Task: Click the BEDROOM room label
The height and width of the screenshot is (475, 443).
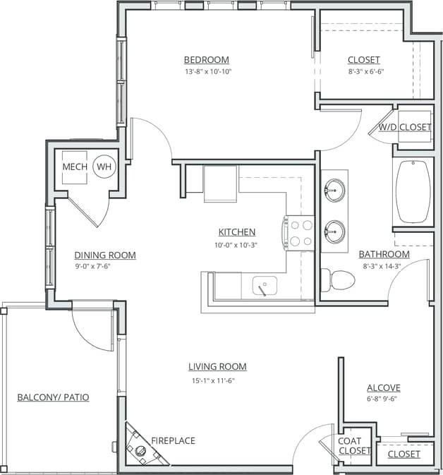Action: coord(206,60)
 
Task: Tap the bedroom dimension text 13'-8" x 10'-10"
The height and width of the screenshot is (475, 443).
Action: coord(206,71)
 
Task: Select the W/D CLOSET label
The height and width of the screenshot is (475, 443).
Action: coord(404,127)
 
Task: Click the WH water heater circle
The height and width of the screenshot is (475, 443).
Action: coord(104,167)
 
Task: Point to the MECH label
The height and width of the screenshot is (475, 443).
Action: coord(74,167)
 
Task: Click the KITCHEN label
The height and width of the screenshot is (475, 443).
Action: coord(236,232)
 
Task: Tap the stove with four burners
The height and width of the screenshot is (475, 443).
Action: coord(299,232)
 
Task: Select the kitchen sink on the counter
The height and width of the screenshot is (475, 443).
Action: coord(265,286)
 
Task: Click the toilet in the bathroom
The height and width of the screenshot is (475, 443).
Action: coord(338,279)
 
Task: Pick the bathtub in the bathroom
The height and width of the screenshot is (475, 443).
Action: coord(413,191)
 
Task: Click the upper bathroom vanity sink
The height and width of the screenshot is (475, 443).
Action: coord(334,189)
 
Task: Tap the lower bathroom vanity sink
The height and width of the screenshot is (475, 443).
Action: coord(334,230)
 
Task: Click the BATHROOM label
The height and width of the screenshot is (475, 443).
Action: coord(384,254)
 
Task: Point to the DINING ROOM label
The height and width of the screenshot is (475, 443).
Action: coord(105,255)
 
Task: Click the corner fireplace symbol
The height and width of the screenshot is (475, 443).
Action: coord(139,443)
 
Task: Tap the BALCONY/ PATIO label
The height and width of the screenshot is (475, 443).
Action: coord(53,397)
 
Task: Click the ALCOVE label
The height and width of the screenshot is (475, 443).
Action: coord(384,387)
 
